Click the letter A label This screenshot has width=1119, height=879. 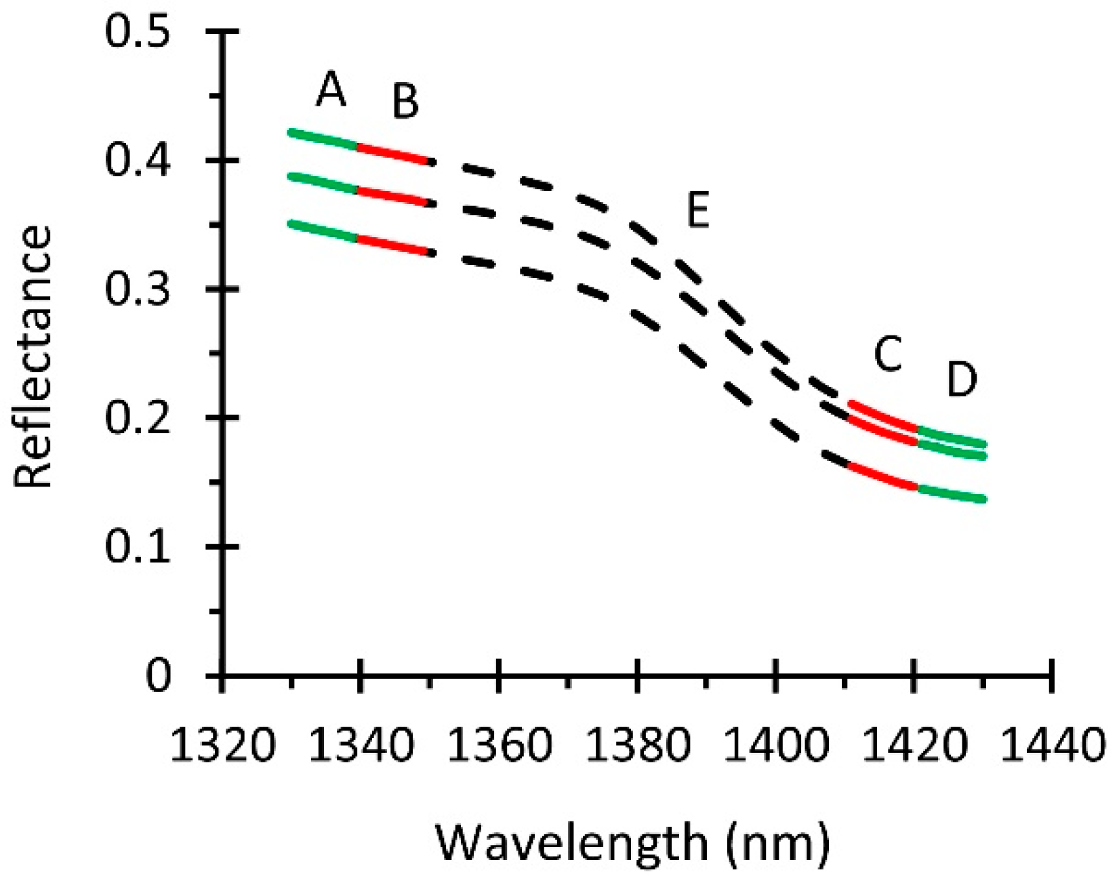point(331,91)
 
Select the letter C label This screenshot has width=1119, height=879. point(887,354)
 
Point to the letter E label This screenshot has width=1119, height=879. point(697,210)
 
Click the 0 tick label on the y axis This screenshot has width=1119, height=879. point(159,675)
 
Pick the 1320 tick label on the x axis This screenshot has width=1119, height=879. point(223,743)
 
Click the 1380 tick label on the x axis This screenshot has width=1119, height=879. point(638,743)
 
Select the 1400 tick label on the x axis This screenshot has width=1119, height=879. point(776,743)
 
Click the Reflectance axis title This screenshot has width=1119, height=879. point(33,357)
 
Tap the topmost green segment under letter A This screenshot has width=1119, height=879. point(324,139)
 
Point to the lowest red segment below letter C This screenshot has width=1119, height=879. point(882,476)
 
